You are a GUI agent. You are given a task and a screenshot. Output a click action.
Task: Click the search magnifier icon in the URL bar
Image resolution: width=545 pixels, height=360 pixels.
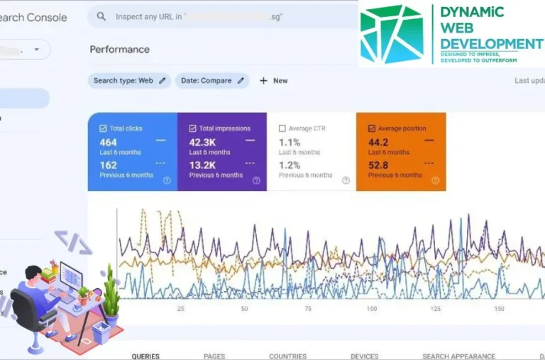click(x=101, y=16)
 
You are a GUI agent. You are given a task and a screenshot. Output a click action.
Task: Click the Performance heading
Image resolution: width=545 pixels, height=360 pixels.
click(x=119, y=50)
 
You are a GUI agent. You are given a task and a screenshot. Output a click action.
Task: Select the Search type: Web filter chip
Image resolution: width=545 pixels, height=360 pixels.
click(x=129, y=81)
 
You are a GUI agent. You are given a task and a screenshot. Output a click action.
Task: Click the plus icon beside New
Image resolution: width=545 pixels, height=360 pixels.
click(x=263, y=81)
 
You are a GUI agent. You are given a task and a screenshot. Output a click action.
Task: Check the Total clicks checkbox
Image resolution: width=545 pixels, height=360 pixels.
click(x=104, y=129)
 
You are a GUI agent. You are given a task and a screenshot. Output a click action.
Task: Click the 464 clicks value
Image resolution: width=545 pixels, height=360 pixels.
click(x=109, y=142)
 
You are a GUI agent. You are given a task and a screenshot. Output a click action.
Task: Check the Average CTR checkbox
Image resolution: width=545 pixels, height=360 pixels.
click(x=282, y=129)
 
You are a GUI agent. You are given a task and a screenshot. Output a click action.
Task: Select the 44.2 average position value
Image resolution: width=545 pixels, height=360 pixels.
click(x=378, y=142)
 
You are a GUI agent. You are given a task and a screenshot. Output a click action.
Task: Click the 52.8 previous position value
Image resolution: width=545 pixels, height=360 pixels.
click(x=378, y=165)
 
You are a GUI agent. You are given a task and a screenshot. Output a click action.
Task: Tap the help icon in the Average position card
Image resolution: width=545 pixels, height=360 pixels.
click(x=435, y=180)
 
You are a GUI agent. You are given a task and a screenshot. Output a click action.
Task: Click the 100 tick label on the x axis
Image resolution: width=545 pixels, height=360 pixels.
click(x=371, y=309)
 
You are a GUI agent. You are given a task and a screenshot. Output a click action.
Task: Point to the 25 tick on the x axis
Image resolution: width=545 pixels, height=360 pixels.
click(x=180, y=309)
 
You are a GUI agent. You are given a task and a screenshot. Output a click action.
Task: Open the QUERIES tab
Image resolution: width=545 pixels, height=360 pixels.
click(x=145, y=356)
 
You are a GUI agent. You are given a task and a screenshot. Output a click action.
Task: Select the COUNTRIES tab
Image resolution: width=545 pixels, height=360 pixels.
click(x=287, y=356)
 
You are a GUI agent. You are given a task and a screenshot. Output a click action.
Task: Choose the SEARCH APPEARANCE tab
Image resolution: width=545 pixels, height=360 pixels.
click(x=458, y=356)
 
